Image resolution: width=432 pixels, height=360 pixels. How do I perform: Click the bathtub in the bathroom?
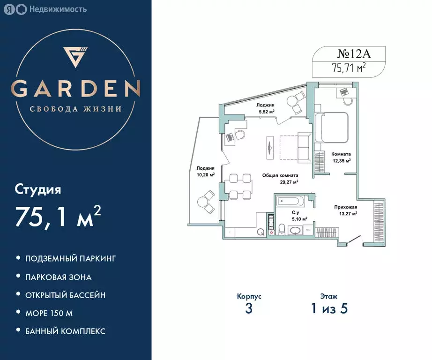point(290,202)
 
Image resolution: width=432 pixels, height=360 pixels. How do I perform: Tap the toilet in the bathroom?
point(282,229)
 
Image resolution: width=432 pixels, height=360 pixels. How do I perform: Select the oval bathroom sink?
point(296,231)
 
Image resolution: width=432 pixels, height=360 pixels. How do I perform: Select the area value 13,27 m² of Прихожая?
point(347,214)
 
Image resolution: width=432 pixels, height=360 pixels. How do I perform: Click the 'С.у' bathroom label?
point(296,212)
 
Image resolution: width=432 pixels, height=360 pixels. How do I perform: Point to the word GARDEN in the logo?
point(75,89)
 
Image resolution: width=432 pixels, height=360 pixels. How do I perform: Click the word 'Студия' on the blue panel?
point(38,190)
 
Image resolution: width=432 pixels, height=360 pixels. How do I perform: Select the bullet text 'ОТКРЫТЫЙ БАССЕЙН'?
point(65,295)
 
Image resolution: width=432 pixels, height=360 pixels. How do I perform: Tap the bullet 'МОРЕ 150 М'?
point(49,313)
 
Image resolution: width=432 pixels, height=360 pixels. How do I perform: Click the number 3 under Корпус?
point(249,309)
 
